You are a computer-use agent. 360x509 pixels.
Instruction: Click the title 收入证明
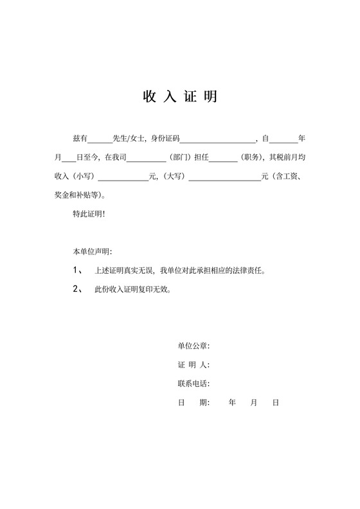(x=179, y=96)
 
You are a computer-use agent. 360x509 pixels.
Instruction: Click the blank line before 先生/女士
(x=99, y=139)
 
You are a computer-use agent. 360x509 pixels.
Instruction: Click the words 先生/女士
(x=129, y=138)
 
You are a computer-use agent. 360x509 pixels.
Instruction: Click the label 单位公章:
(x=194, y=346)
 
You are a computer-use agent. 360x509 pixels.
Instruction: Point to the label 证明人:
(x=194, y=365)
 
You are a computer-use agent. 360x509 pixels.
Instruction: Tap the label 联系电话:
(x=194, y=384)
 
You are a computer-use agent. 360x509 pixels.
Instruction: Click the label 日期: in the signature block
(x=194, y=402)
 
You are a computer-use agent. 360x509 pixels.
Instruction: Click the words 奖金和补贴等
(x=81, y=194)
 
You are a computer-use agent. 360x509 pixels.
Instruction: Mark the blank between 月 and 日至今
(x=69, y=157)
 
